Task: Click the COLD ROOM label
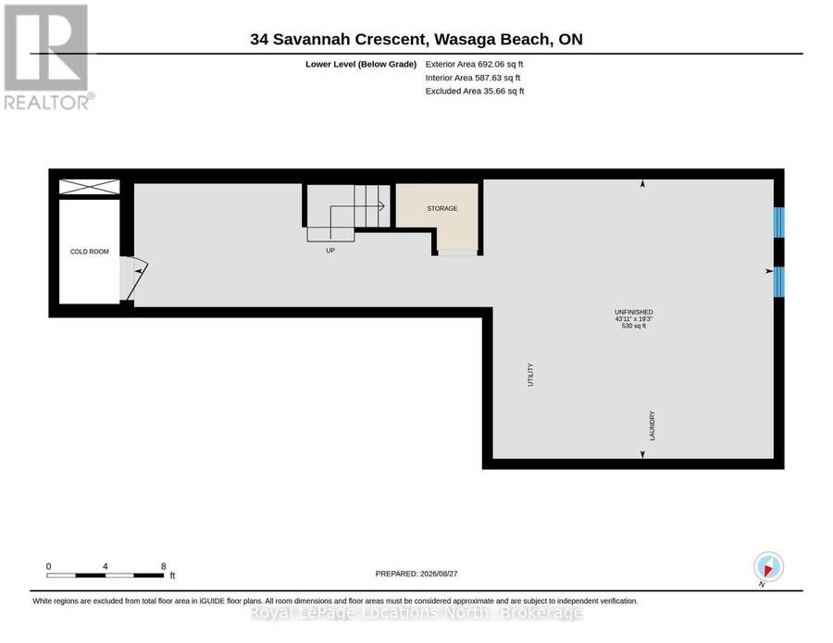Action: point(89,252)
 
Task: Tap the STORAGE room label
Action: point(442,209)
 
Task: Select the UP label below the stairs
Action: point(330,250)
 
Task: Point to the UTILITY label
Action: point(530,375)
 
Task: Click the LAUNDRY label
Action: point(653,426)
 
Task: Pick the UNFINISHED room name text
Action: point(634,312)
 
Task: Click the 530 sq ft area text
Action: point(634,326)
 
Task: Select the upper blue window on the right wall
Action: point(778,222)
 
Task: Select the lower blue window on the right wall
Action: point(778,281)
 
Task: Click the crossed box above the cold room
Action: point(89,187)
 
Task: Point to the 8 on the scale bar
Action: point(164,566)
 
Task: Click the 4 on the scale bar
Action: point(106,566)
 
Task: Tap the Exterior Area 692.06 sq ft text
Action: point(475,64)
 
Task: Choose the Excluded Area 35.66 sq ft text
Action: point(475,91)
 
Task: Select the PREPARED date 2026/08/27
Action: point(439,574)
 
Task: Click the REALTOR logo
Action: point(47,56)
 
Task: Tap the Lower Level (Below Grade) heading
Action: point(361,64)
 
